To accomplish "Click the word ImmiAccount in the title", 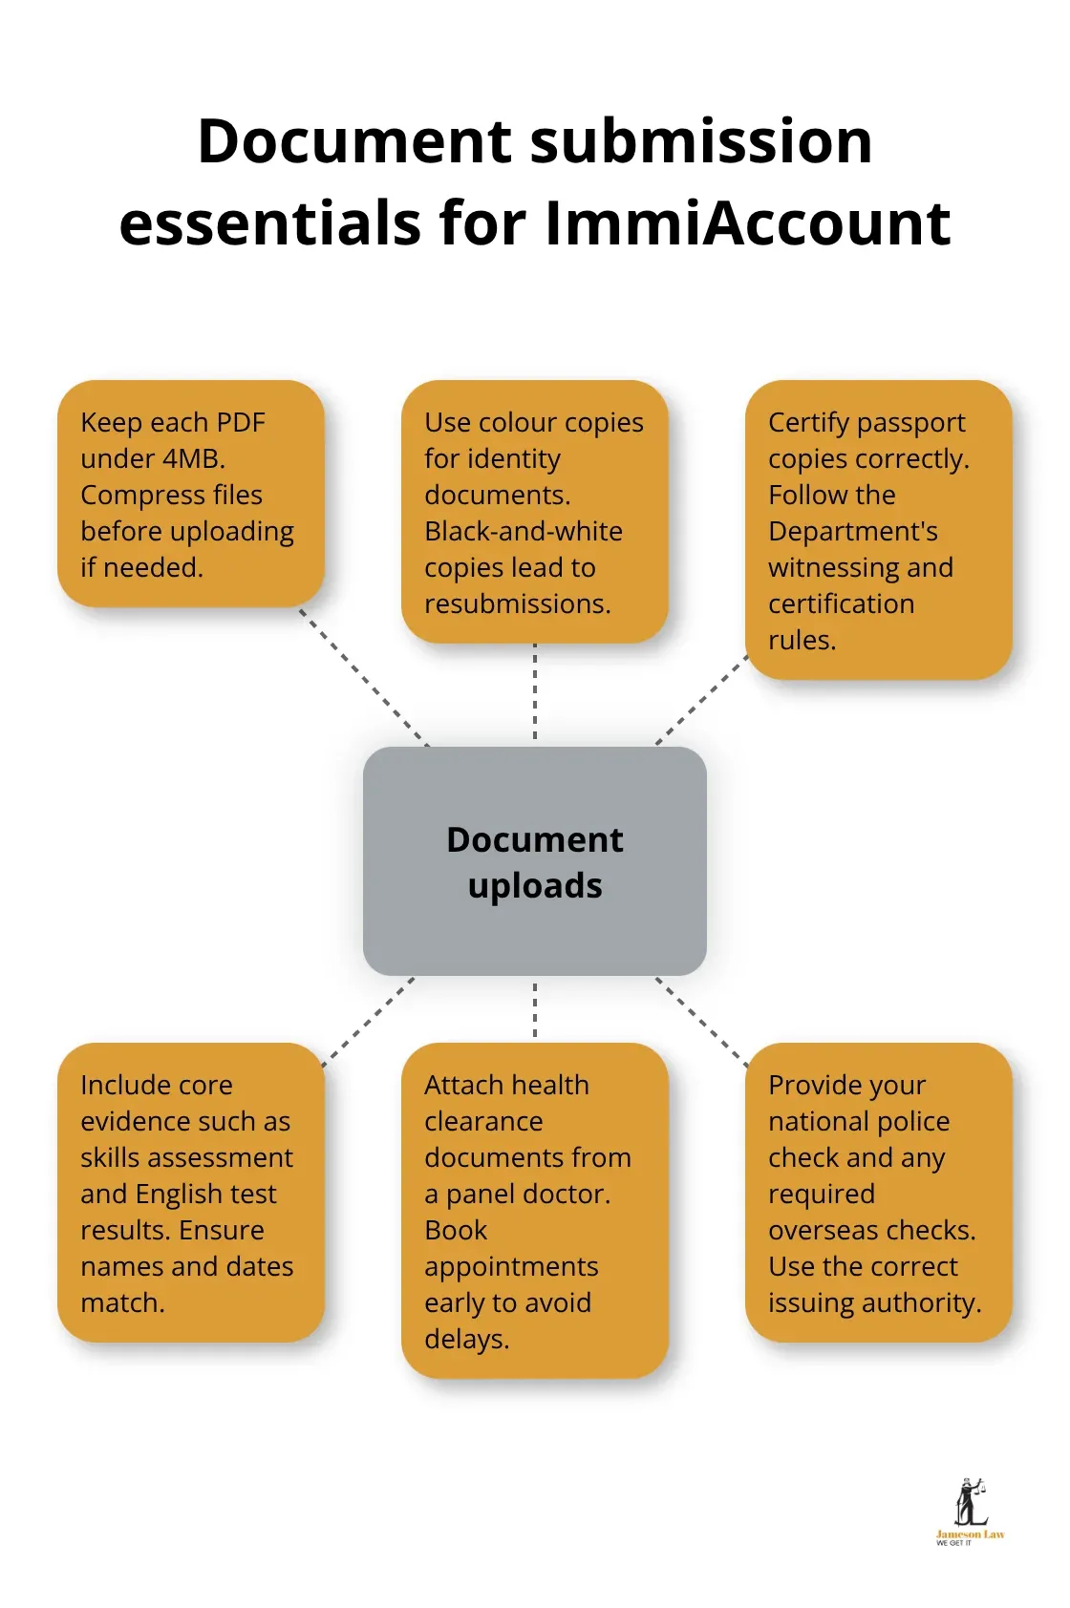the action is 747,223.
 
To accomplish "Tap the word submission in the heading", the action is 701,141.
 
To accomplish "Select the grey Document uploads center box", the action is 535,861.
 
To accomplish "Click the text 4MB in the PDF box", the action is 193,458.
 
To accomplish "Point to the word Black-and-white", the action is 524,531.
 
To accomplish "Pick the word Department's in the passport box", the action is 853,531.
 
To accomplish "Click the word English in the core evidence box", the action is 177,1194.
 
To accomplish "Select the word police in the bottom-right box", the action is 912,1121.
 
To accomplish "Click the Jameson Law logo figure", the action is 971,1501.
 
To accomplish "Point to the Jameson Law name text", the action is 970,1534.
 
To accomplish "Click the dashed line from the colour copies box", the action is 535,691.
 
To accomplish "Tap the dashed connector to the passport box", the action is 702,700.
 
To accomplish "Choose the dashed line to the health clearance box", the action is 535,1009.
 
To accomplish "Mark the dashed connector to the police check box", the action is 701,1022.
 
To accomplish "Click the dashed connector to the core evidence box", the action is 368,1023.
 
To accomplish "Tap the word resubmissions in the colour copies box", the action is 517,603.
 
